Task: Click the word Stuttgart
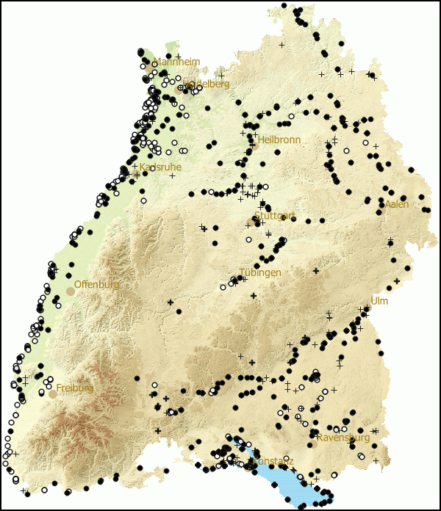274,216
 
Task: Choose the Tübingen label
259,272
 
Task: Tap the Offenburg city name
96,284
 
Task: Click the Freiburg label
74,388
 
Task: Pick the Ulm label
379,301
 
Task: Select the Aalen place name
396,204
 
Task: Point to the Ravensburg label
343,438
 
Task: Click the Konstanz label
273,461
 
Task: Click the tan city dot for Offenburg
70,291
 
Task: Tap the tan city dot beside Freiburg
53,394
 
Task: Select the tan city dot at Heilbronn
255,145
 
